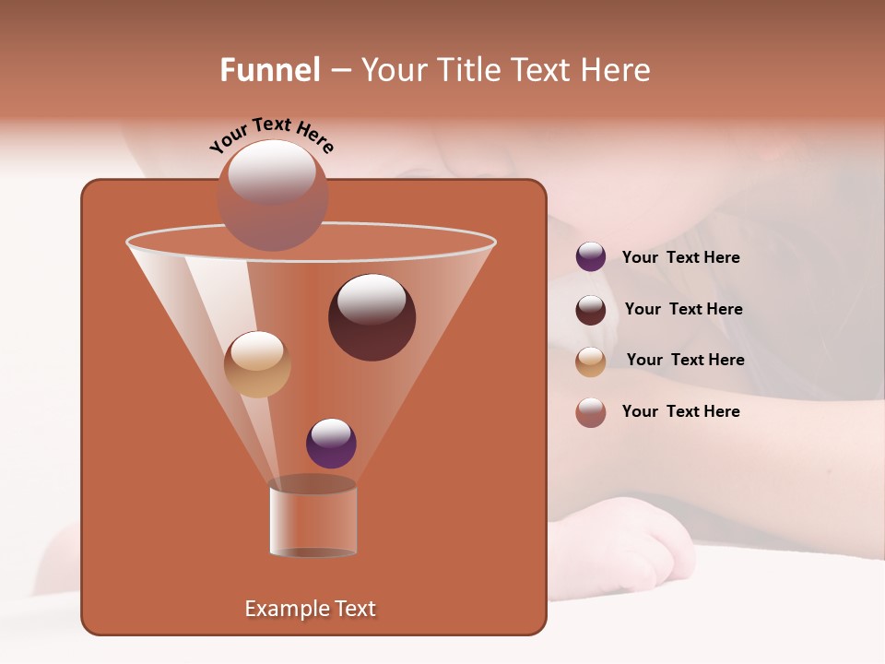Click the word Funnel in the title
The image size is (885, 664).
pos(270,70)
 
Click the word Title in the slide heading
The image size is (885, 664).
pos(466,70)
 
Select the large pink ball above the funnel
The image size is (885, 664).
pos(273,196)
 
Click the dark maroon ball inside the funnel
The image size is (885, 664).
pos(372,317)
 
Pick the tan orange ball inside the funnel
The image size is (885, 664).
pos(257,364)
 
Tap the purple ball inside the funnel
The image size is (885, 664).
pos(331,444)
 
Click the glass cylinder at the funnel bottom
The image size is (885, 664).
pos(313,519)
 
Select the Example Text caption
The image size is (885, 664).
pos(311,609)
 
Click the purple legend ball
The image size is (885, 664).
pos(591,256)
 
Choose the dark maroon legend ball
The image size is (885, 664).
pos(591,310)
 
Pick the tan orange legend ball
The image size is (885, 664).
pos(591,362)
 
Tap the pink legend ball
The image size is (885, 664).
pos(591,412)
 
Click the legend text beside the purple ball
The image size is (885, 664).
pos(680,258)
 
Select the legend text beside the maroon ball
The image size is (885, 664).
pos(683,310)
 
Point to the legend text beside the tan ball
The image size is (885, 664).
pos(685,361)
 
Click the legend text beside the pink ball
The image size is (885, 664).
pos(680,411)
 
